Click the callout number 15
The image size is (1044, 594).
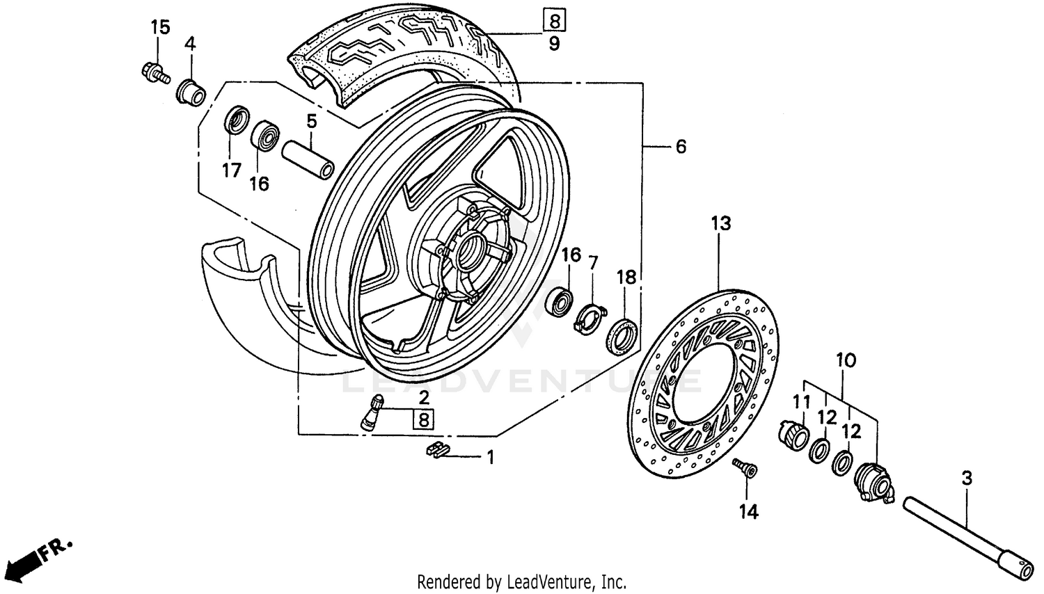pos(160,28)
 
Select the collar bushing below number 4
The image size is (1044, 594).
pos(191,92)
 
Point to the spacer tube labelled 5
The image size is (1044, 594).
pos(307,160)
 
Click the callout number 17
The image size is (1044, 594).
pos(231,170)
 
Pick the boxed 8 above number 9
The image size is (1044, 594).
pos(554,20)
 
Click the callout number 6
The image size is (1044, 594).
pos(680,147)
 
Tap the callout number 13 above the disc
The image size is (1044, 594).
pos(721,224)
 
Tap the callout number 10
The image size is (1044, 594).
pos(846,361)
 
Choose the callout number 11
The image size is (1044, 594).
pos(802,402)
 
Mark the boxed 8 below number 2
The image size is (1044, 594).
pos(423,419)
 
